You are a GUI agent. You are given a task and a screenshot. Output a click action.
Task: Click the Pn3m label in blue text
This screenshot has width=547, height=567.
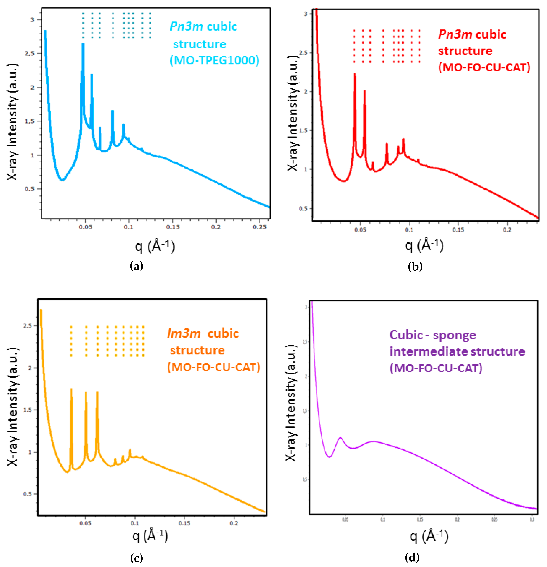(x=186, y=26)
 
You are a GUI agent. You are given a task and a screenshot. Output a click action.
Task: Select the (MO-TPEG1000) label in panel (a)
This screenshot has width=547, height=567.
(x=214, y=60)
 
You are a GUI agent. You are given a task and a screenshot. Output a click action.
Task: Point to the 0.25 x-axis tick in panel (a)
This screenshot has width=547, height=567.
(x=259, y=227)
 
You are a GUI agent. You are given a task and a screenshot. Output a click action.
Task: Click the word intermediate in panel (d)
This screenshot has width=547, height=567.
(x=429, y=351)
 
